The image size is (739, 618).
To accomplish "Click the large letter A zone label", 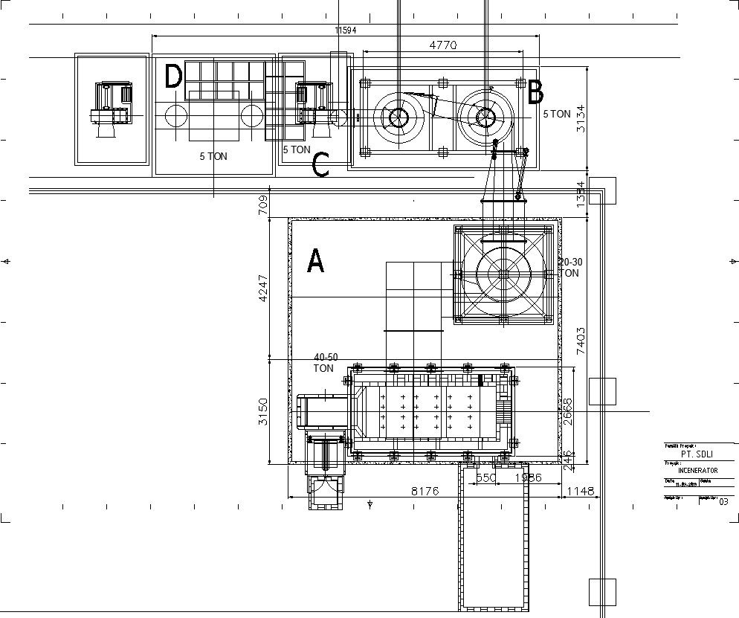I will pos(315,261).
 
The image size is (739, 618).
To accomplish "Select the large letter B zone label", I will pos(535,93).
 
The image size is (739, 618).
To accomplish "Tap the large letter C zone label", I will pos(320,165).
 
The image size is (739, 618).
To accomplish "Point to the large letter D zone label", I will pos(173,77).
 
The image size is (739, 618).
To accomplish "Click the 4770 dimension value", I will pos(443,45).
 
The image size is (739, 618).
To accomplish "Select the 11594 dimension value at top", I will pos(346,30).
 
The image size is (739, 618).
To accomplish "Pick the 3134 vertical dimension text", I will pos(581,118).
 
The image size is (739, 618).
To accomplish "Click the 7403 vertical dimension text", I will pos(581,340).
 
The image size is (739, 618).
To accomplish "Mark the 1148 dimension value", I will pos(581,491).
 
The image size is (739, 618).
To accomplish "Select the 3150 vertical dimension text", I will pos(262,411).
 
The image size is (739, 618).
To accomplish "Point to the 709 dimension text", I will pos(262,205).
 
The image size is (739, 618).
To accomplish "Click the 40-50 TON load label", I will pos(325,363).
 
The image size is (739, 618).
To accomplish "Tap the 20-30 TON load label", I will pos(570,268).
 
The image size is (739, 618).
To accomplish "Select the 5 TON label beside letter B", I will pos(557,115).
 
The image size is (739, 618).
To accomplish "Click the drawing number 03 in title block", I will pos(723,501).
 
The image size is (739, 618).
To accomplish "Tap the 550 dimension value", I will pos(485,478).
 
